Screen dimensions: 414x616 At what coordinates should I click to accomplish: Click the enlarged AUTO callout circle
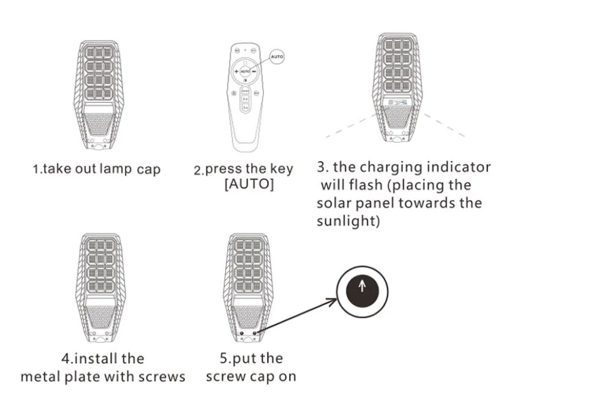[x=276, y=56]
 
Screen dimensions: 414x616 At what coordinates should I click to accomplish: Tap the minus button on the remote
[x=254, y=72]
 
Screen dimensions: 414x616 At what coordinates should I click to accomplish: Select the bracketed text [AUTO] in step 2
[x=249, y=184]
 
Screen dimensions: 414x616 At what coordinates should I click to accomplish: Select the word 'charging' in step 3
[x=392, y=167]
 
